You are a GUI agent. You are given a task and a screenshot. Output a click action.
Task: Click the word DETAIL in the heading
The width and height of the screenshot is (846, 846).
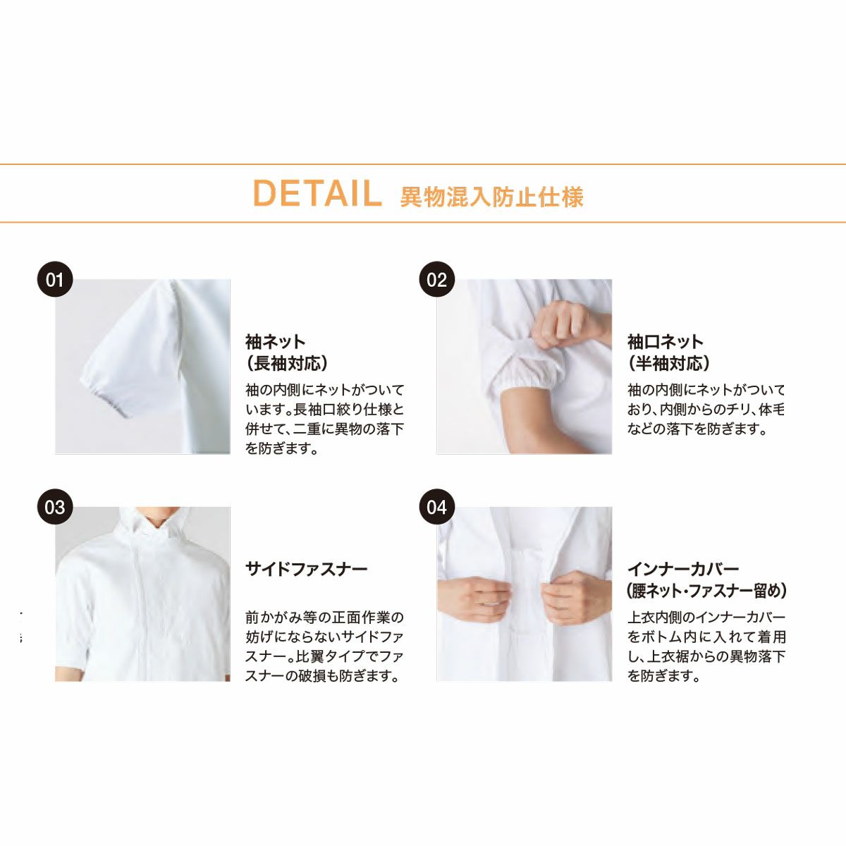pos(317,194)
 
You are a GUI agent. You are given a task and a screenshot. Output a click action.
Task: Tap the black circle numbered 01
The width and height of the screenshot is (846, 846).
pos(55,280)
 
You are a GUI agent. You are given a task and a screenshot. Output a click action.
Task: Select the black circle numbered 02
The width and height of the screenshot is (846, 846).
pos(437,280)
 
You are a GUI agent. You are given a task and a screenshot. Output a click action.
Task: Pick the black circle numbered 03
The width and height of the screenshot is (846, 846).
pos(55,507)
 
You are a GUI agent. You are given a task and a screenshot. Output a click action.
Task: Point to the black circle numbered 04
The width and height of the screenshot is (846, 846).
pos(437,507)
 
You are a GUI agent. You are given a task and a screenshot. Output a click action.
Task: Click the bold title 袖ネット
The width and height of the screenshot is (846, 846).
pos(275,341)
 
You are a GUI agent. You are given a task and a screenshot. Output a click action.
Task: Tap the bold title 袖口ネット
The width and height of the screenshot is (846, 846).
pos(666,341)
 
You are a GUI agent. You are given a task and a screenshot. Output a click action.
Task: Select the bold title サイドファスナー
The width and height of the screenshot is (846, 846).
pos(307,570)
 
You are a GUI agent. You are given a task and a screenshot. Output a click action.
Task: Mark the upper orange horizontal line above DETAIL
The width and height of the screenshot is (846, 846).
pos(423,164)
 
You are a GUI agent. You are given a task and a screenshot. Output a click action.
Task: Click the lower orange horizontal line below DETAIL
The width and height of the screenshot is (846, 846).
pos(423,222)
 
